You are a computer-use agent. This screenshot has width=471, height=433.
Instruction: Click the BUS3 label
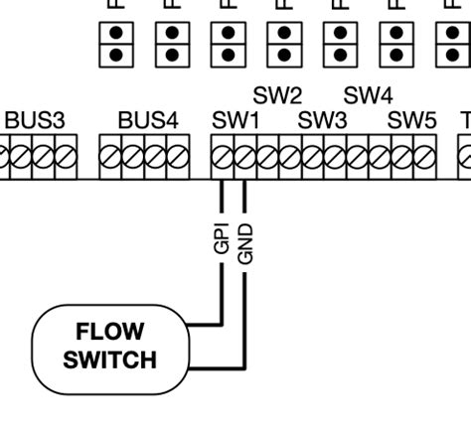click(35, 121)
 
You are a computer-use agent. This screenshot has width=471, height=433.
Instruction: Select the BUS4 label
click(148, 121)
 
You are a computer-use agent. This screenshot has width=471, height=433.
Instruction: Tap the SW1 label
click(235, 121)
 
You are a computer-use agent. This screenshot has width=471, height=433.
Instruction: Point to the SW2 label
click(277, 96)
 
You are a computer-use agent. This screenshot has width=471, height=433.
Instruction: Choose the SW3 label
click(323, 121)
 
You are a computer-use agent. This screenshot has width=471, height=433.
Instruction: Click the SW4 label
click(368, 96)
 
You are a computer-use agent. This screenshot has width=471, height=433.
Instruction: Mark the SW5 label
click(411, 121)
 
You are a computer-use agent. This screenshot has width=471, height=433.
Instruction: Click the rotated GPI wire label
click(222, 238)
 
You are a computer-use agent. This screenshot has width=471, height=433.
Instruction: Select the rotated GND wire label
click(247, 242)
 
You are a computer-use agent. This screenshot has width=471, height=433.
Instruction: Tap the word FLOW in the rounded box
click(109, 332)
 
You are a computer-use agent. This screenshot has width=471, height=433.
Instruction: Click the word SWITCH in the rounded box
click(109, 359)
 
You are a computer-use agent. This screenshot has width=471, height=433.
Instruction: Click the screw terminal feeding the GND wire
click(244, 157)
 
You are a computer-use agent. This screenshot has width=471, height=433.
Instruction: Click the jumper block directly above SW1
click(229, 43)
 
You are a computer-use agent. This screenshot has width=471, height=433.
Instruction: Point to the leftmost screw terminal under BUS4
click(112, 157)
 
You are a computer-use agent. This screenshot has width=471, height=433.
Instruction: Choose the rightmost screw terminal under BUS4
click(177, 157)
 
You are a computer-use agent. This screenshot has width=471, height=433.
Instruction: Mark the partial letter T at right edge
click(465, 121)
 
